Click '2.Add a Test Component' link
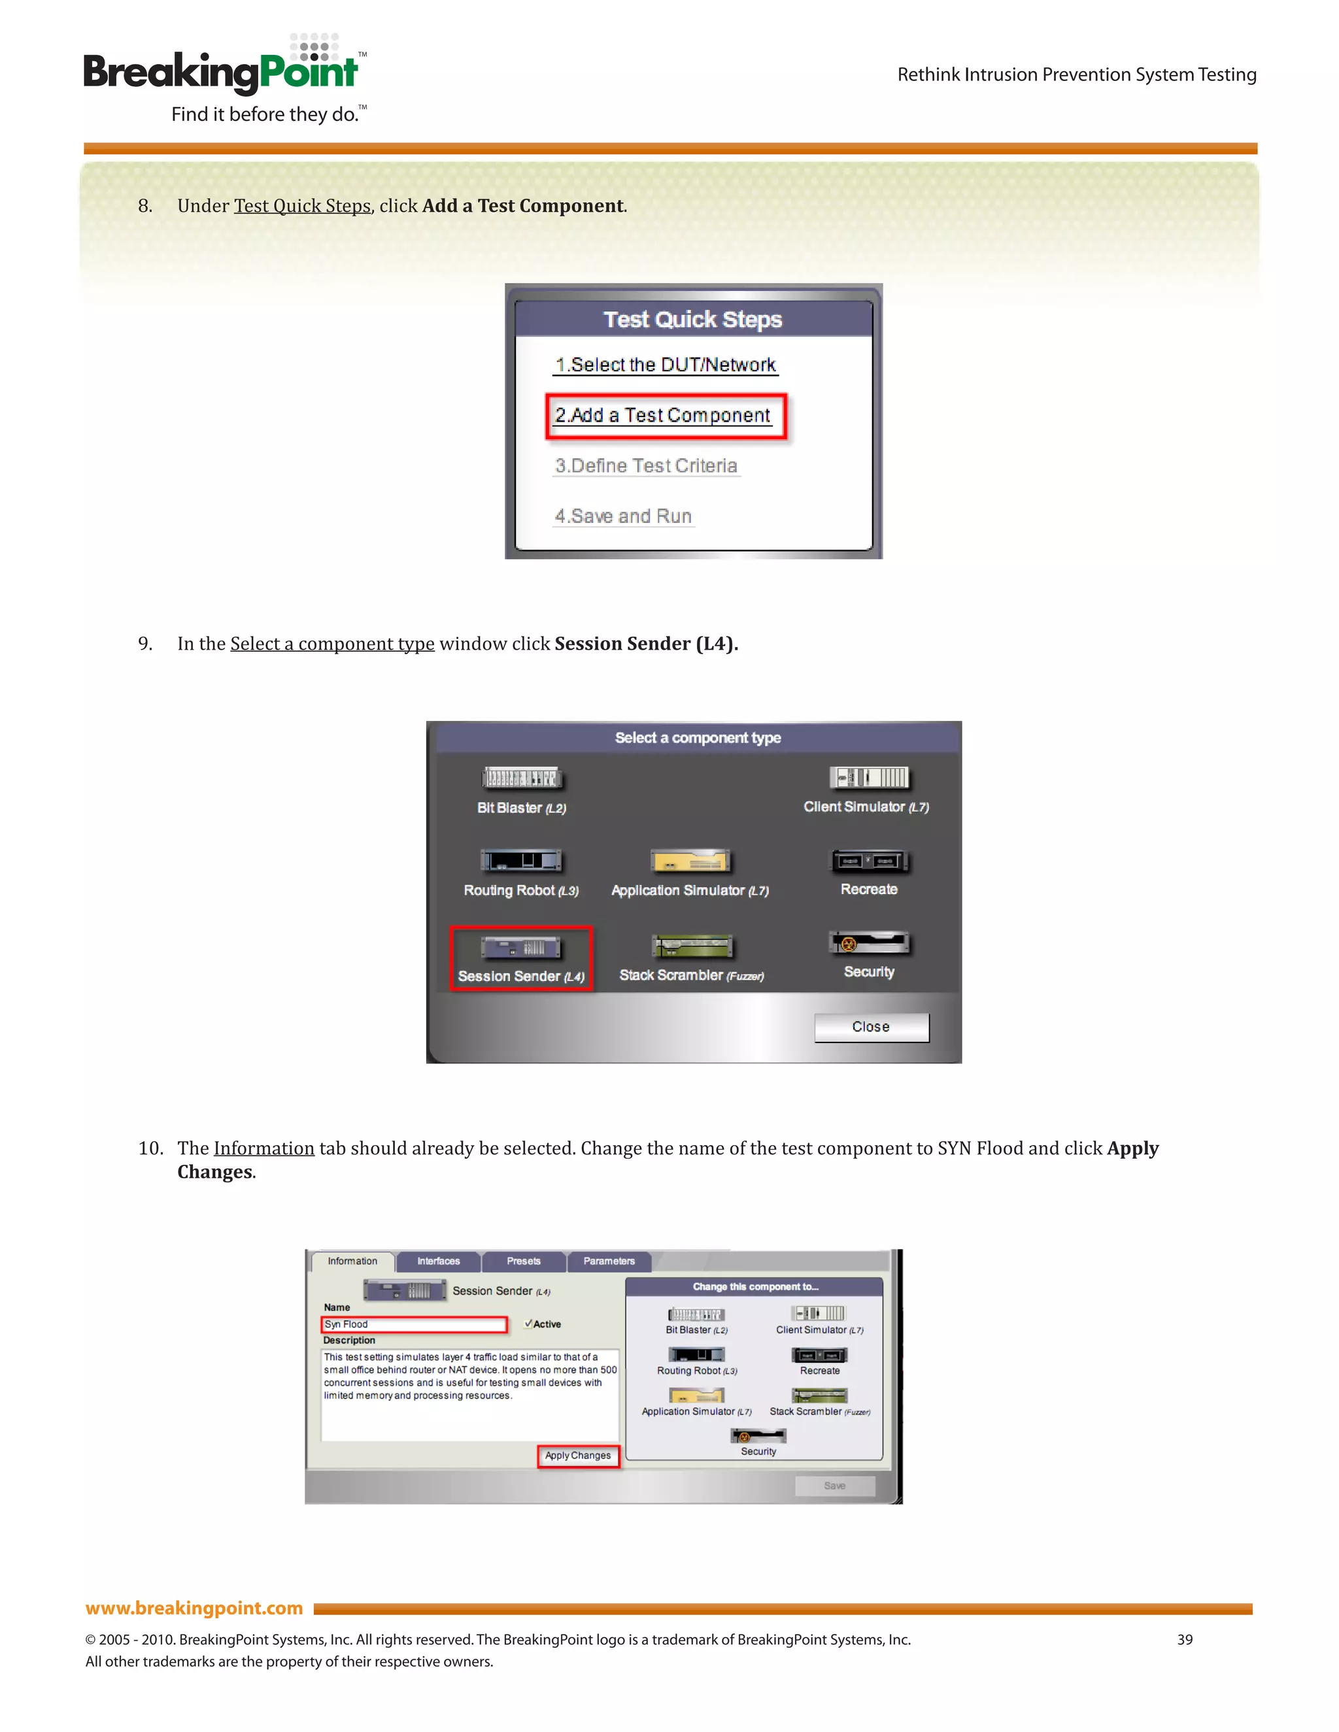(663, 416)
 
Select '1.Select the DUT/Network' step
(665, 365)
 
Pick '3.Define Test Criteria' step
(646, 465)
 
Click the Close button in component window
(870, 1027)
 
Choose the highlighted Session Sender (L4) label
(520, 976)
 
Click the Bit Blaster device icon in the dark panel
(521, 778)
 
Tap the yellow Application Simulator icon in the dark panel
(689, 861)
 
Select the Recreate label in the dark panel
(869, 890)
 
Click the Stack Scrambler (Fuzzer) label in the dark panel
(691, 975)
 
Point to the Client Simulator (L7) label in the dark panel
(866, 807)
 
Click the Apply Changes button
(577, 1456)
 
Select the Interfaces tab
(438, 1261)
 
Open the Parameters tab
(609, 1261)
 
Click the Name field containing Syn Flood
(413, 1324)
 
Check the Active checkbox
(528, 1324)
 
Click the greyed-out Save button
(834, 1486)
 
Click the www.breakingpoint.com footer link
(194, 1608)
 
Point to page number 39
(1184, 1639)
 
